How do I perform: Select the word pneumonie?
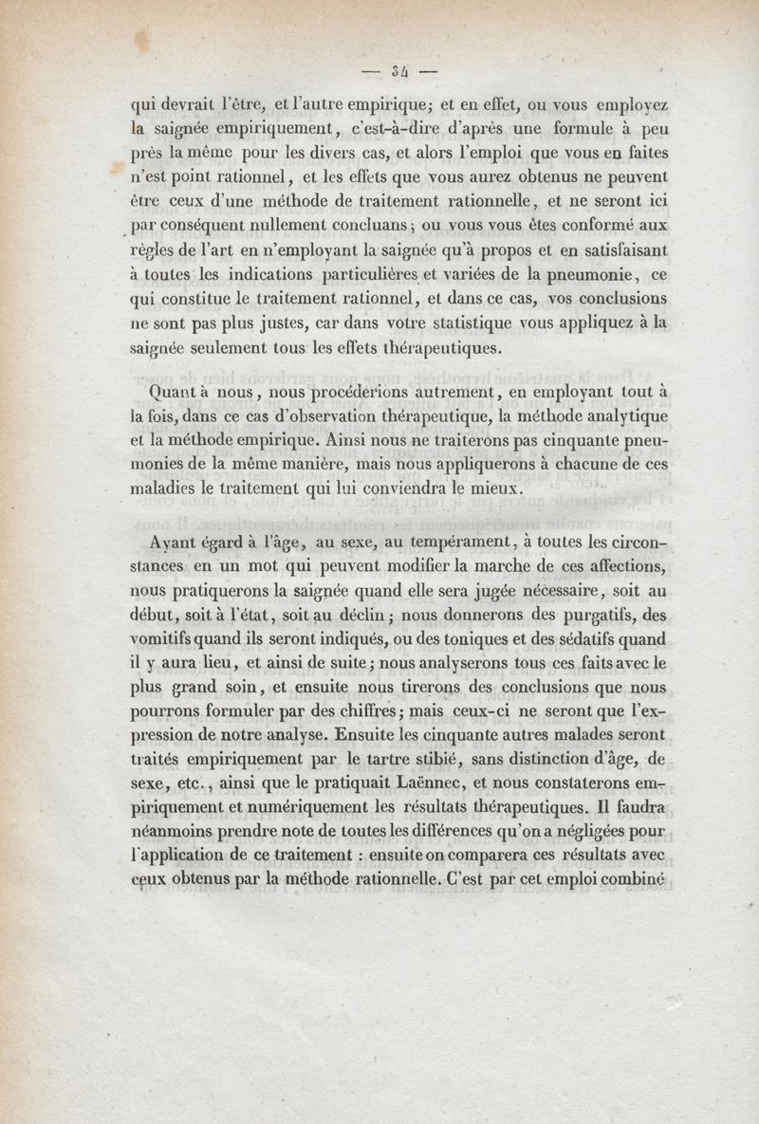578,276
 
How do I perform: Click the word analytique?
620,415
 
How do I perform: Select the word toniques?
491,640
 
